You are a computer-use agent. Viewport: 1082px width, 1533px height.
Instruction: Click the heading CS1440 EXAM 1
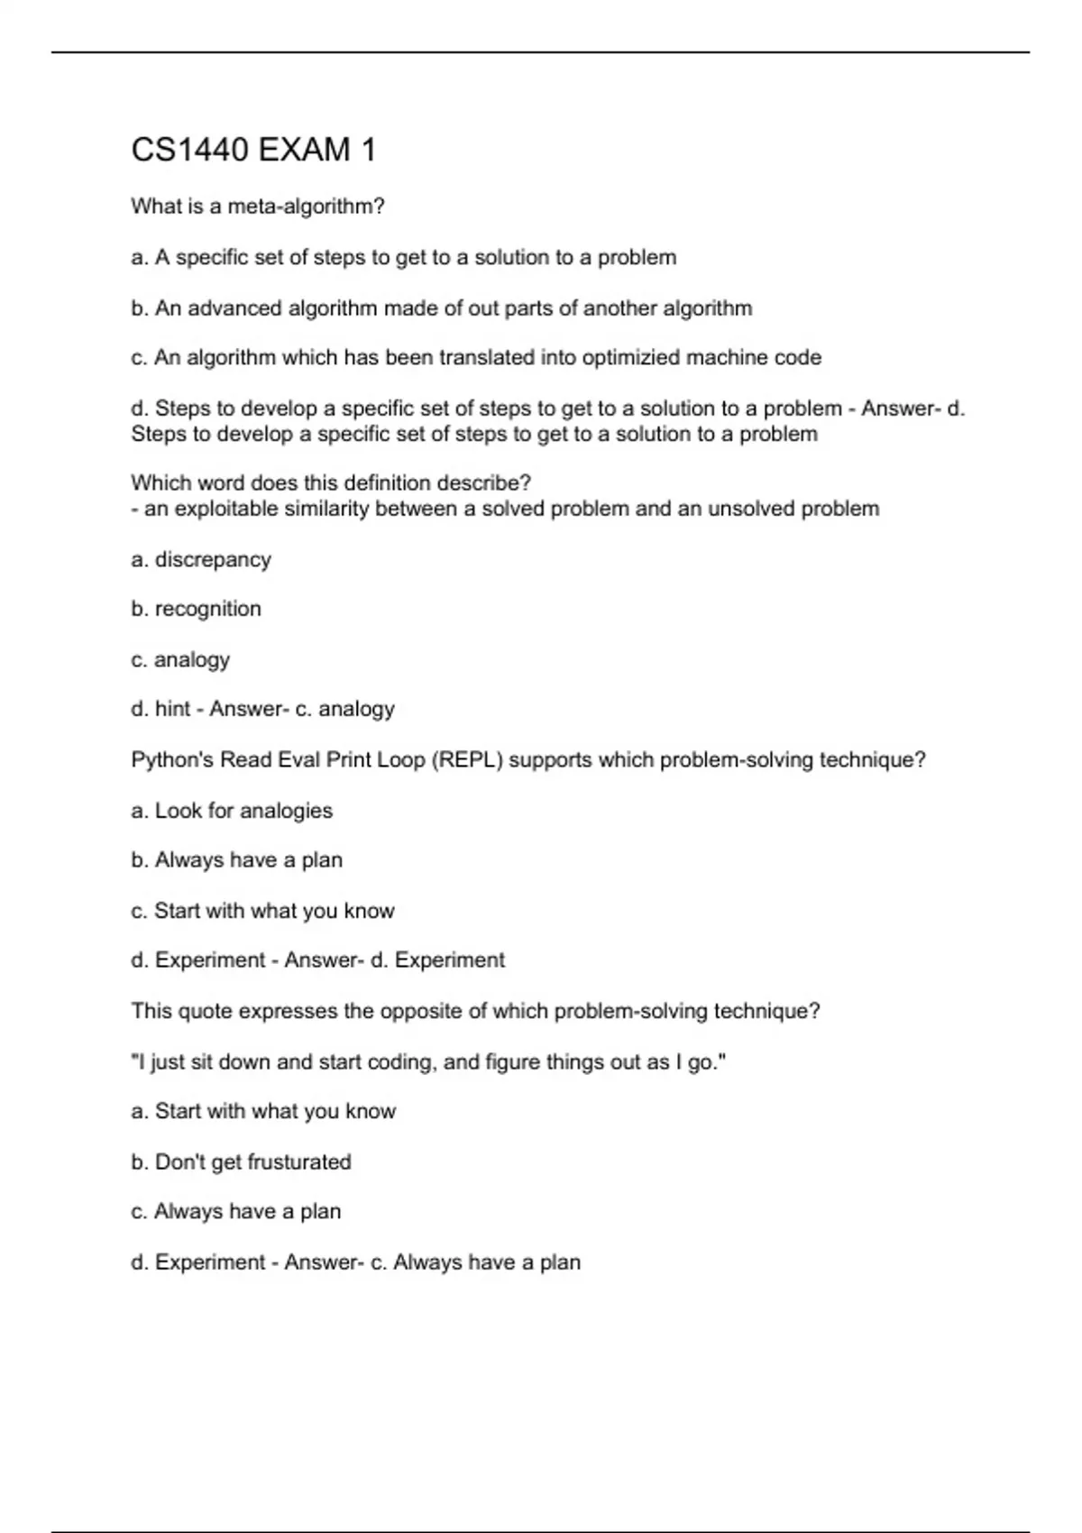[253, 150]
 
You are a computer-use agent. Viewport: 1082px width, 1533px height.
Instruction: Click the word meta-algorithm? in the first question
[306, 207]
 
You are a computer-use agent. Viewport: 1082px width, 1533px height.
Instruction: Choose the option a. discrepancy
[201, 560]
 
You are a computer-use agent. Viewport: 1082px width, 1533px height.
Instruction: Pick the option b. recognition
[197, 610]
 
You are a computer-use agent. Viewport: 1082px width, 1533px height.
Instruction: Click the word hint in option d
[172, 710]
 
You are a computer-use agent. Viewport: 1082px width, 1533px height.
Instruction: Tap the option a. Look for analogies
[232, 811]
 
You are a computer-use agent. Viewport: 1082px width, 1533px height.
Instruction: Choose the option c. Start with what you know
[262, 911]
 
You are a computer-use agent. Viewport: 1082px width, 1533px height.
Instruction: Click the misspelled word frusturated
[298, 1162]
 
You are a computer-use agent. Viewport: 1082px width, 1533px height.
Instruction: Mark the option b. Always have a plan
[237, 860]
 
